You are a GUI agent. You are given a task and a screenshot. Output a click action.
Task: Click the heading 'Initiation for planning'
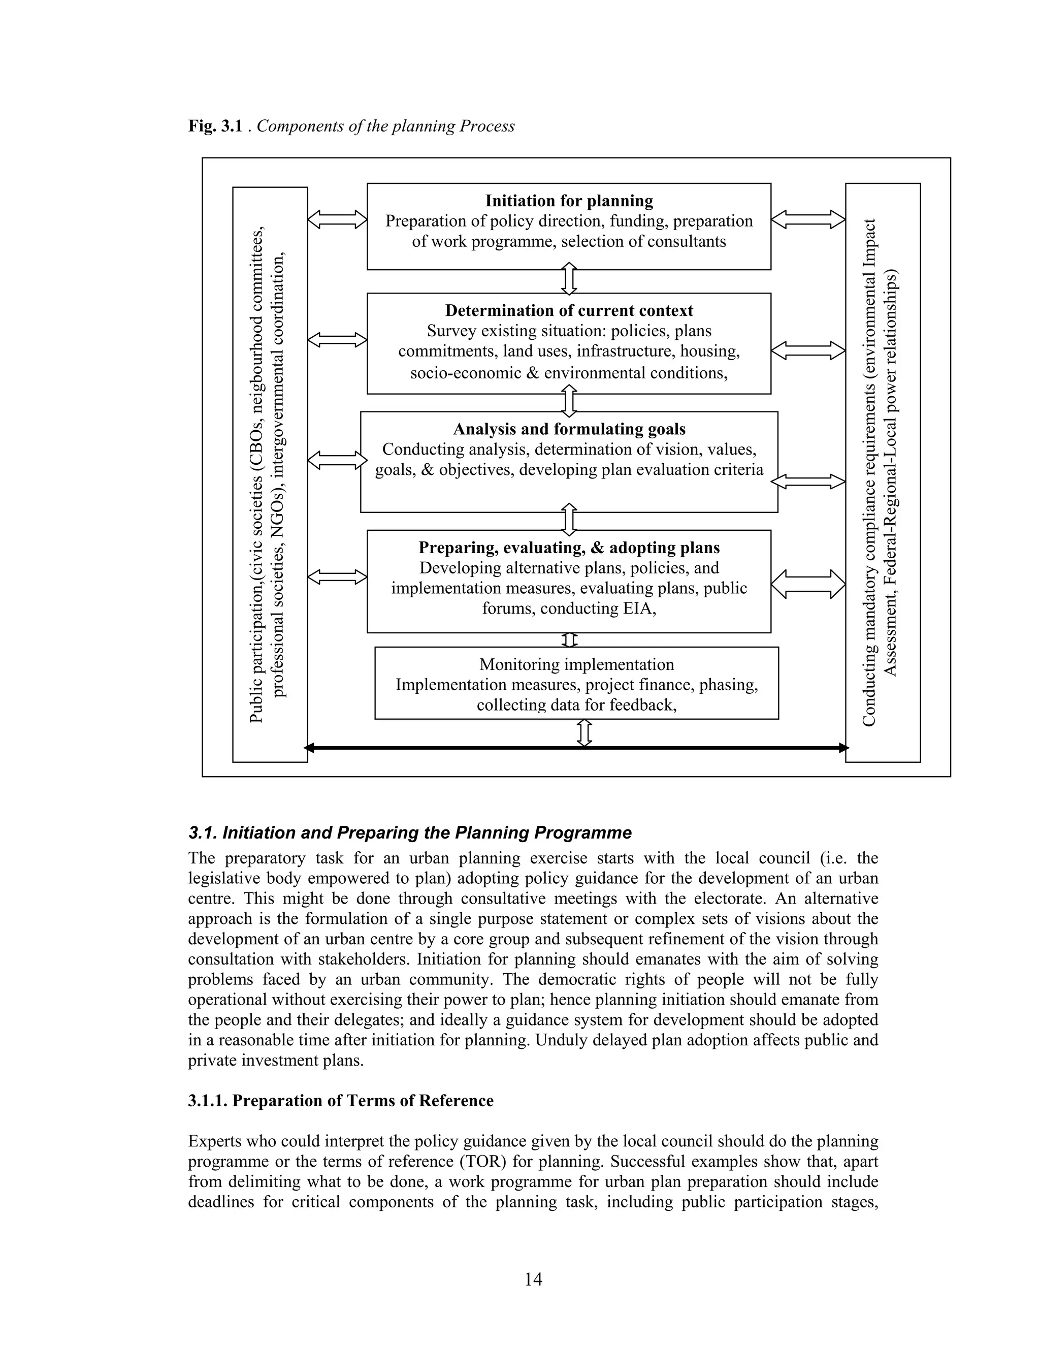[x=569, y=201]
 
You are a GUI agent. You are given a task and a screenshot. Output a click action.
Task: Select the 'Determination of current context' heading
[x=569, y=311]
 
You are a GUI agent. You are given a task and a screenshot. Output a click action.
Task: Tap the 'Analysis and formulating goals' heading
[x=569, y=429]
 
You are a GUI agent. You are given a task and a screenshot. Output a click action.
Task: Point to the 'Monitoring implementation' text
[x=577, y=664]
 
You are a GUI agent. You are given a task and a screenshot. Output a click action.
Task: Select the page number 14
[x=533, y=1279]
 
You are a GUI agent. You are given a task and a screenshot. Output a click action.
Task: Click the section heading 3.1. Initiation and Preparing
[x=410, y=832]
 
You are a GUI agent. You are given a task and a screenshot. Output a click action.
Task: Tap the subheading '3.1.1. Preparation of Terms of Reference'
[x=341, y=1101]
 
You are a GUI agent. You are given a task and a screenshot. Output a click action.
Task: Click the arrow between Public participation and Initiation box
[x=337, y=219]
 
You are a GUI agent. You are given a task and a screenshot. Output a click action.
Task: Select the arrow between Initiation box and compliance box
[x=808, y=219]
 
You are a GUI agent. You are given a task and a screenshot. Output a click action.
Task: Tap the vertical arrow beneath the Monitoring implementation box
[x=584, y=733]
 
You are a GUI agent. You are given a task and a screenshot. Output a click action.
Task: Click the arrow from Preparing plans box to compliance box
[x=808, y=584]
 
